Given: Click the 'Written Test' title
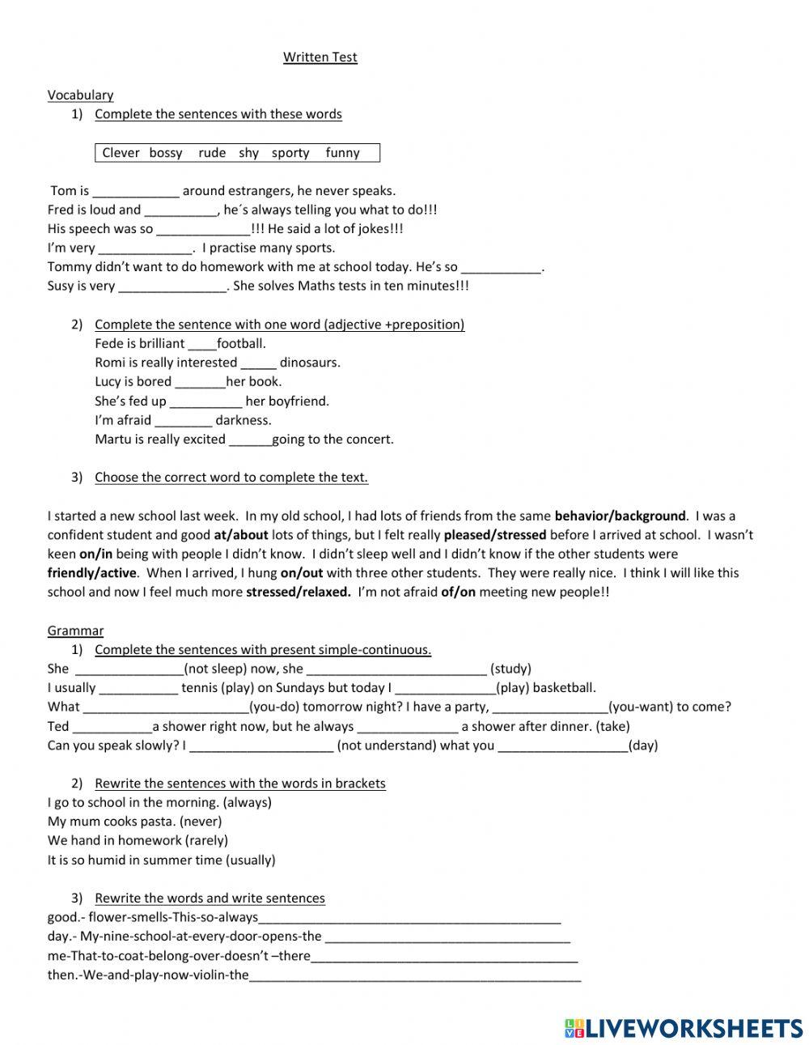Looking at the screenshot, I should coord(320,57).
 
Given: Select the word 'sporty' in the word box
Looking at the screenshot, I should coord(290,153).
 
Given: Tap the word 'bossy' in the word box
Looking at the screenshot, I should coord(166,153).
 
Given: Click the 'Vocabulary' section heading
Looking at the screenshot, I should coord(80,95).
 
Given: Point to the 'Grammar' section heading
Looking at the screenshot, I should coord(75,631).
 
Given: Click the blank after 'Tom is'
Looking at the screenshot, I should coord(135,192).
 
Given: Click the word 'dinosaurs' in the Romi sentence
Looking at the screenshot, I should coord(310,363).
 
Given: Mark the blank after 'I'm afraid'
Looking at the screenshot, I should coord(183,421).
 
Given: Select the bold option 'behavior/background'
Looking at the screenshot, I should coord(620,516).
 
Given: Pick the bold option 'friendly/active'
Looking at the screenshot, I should coord(93,573).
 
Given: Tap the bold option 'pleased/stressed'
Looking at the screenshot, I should coord(495,535).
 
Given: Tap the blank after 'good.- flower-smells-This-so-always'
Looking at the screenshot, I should coord(409,919).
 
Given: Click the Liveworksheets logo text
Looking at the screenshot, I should coord(693,1028).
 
